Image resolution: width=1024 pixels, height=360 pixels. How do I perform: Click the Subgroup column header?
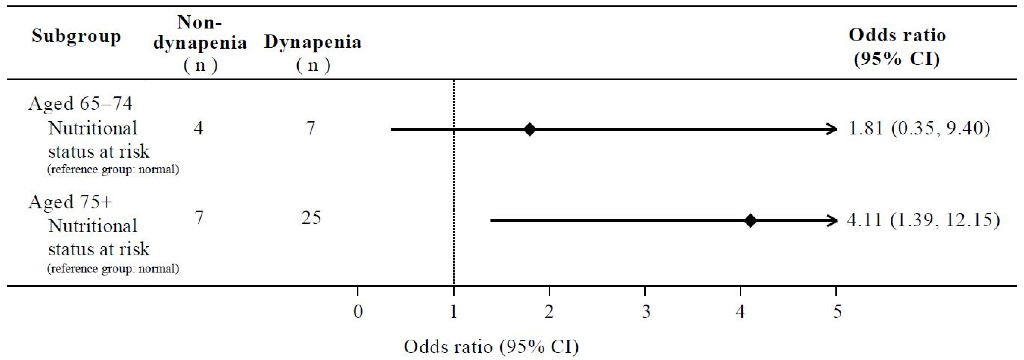(x=76, y=36)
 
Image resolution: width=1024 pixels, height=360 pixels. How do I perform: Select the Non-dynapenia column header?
(x=200, y=43)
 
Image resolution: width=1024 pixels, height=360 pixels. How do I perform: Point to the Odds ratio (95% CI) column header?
(x=897, y=47)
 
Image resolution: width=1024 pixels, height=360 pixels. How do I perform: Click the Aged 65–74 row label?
(x=80, y=104)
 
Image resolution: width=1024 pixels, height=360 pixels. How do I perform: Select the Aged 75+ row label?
(x=70, y=202)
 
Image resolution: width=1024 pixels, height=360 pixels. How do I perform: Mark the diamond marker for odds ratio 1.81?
(x=530, y=129)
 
